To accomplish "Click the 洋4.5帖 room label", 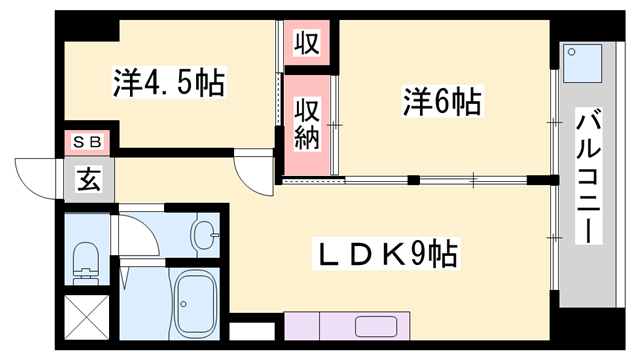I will (168, 83).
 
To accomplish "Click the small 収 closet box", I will (306, 43).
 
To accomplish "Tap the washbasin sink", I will (205, 237).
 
